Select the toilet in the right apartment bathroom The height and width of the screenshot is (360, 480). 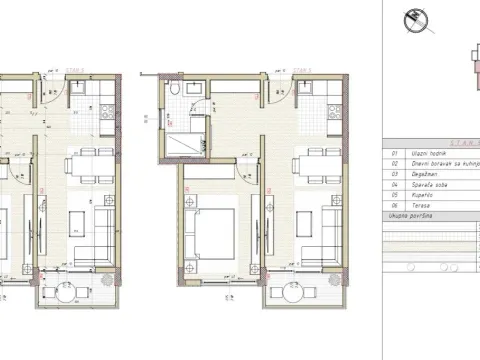[x=176, y=94]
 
